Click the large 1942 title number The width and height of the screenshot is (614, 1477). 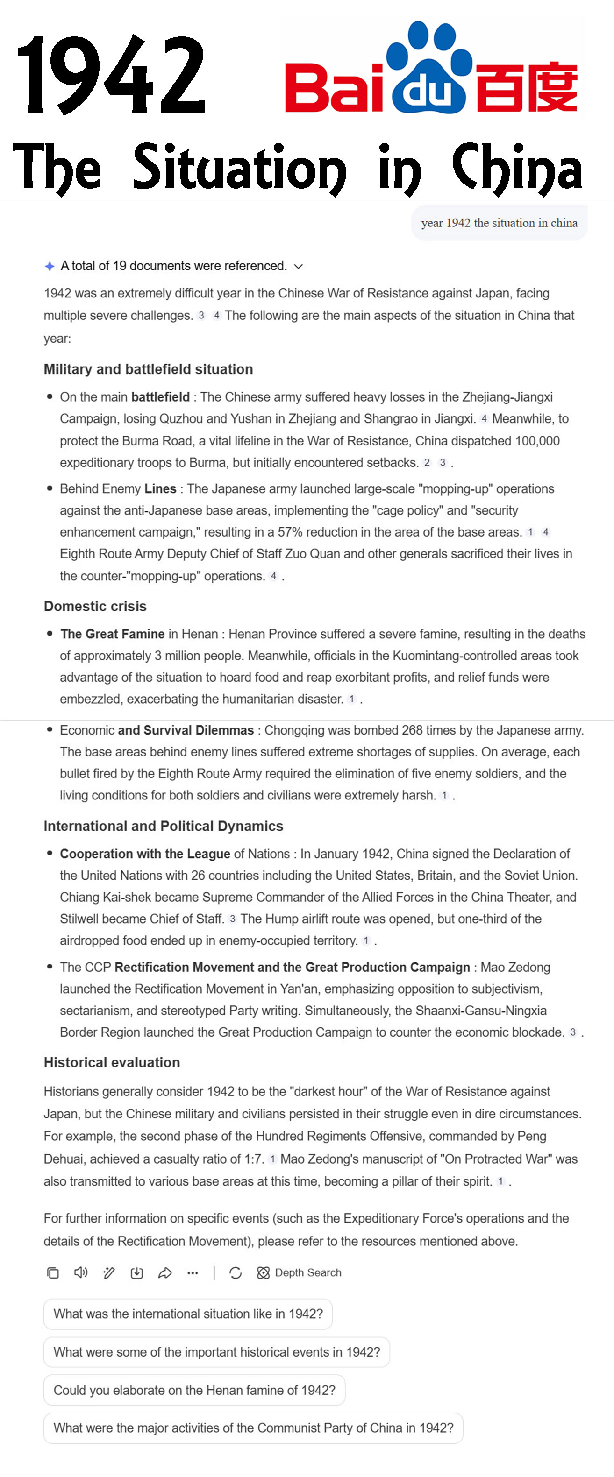pos(111,75)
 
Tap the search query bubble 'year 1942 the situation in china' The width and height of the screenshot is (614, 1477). pos(499,223)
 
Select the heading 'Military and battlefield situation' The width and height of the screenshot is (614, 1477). pos(148,369)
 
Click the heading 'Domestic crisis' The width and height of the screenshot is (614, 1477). pos(95,606)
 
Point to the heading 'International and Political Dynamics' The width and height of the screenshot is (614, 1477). pos(164,826)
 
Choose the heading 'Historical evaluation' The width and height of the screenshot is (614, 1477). pos(112,1062)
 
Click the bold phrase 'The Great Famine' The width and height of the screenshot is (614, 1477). pos(113,634)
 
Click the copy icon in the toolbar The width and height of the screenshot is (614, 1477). pos(53,1273)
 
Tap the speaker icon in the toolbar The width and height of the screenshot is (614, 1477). pos(81,1273)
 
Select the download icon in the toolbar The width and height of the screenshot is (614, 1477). pos(136,1273)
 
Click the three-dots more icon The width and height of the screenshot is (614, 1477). pos(193,1273)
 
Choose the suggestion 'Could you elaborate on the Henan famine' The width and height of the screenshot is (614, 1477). pos(194,1391)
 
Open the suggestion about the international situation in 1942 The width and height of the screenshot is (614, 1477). pos(188,1314)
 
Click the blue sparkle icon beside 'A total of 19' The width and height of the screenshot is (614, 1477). pos(50,266)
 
